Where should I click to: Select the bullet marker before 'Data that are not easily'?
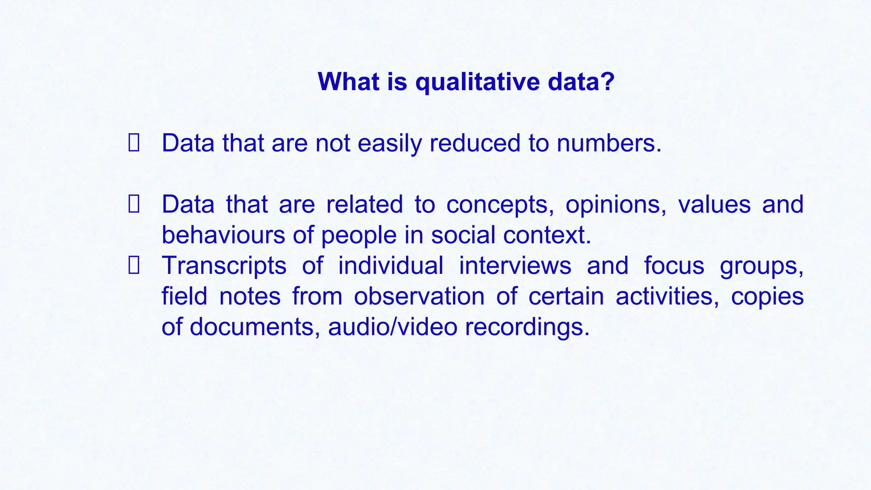(134, 143)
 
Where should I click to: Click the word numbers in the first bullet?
(609, 143)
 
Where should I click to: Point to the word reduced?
(475, 143)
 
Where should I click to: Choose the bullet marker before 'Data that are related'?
(134, 204)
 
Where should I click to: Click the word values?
(714, 204)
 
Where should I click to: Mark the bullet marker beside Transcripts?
(134, 265)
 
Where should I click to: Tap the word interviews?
(515, 265)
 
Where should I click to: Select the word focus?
(674, 265)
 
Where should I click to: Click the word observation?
(419, 296)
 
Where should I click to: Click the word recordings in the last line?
(527, 328)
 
